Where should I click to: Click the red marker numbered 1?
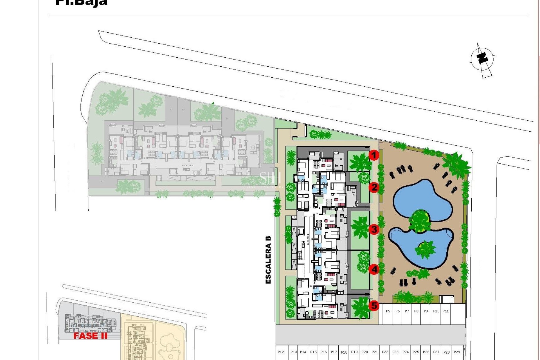pos(374,155)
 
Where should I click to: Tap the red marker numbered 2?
pos(374,187)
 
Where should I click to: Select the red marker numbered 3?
pos(374,229)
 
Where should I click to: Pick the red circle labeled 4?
pos(374,269)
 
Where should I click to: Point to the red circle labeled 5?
pos(374,305)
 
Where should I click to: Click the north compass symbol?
pos(482,59)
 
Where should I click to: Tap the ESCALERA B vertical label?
pos(268,260)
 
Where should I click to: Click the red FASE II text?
pos(90,336)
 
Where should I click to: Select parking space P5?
pos(388,311)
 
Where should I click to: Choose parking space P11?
pos(445,311)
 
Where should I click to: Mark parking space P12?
pos(281,352)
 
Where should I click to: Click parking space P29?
pos(457,352)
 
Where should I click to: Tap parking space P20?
pos(364,352)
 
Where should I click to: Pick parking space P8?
pos(416,311)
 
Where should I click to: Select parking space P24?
pos(406,352)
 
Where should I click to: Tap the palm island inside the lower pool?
pos(425,249)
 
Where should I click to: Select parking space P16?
pos(323,352)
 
